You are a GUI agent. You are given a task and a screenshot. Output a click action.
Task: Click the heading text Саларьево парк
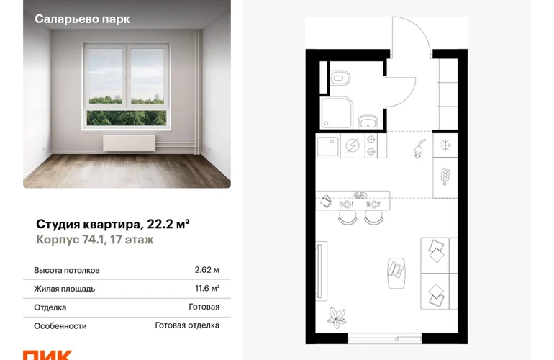pyautogui.click(x=82, y=19)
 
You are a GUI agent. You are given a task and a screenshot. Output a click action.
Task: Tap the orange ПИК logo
pyautogui.click(x=47, y=355)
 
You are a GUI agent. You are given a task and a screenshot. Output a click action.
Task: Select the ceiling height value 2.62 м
pyautogui.click(x=206, y=270)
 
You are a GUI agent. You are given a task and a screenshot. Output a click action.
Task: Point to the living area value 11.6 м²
pyautogui.click(x=207, y=288)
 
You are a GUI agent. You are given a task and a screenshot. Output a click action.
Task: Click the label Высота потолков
pyautogui.click(x=67, y=270)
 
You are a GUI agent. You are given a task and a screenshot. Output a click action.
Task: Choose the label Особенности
pyautogui.click(x=60, y=325)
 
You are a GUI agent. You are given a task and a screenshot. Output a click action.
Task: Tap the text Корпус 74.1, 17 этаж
pyautogui.click(x=95, y=240)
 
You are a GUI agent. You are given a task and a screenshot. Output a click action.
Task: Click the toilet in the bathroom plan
pyautogui.click(x=340, y=78)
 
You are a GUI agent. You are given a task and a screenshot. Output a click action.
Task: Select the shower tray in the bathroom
pyautogui.click(x=337, y=112)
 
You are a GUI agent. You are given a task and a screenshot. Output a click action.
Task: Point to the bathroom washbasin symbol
pyautogui.click(x=368, y=122)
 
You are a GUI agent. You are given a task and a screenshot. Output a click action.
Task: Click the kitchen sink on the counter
pyautogui.click(x=327, y=145)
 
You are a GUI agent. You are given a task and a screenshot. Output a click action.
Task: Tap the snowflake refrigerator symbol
pyautogui.click(x=445, y=145)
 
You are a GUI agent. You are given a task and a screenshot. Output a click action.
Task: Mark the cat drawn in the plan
pyautogui.click(x=419, y=148)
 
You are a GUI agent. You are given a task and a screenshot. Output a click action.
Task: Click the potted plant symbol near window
pyautogui.click(x=337, y=318)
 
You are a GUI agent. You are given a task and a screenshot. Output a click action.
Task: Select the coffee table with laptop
pyautogui.click(x=396, y=273)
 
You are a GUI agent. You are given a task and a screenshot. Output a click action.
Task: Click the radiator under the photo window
pyautogui.click(x=129, y=143)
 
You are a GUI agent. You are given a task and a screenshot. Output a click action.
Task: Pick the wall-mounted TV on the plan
pyautogui.click(x=320, y=271)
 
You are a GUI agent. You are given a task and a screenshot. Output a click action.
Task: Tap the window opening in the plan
pyautogui.click(x=384, y=339)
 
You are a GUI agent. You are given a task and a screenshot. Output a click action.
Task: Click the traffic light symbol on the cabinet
pyautogui.click(x=445, y=176)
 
